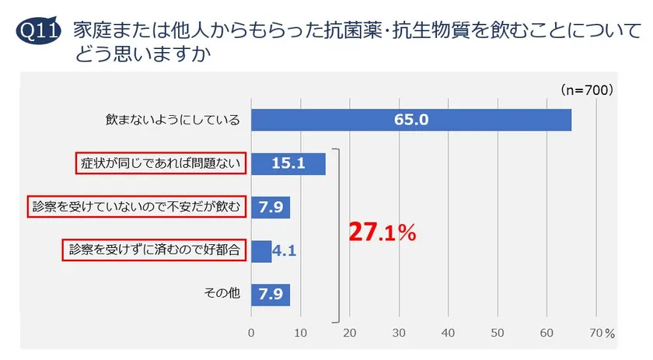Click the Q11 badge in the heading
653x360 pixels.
(x=38, y=32)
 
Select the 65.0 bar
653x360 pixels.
(x=410, y=120)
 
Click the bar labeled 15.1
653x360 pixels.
(x=288, y=163)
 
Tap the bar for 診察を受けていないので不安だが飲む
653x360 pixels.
(x=271, y=207)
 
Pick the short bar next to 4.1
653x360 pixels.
(x=261, y=250)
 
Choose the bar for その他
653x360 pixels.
(x=271, y=295)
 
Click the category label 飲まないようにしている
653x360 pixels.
(x=172, y=120)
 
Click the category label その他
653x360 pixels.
(x=222, y=295)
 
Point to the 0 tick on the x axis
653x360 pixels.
(x=251, y=333)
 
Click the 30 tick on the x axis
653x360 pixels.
(x=399, y=333)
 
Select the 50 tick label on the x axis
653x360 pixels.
(x=497, y=333)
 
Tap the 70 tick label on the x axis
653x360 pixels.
(x=595, y=333)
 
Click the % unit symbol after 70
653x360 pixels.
(x=609, y=334)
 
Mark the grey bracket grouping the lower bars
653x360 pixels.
(x=338, y=233)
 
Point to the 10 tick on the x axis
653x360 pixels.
(x=300, y=333)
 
